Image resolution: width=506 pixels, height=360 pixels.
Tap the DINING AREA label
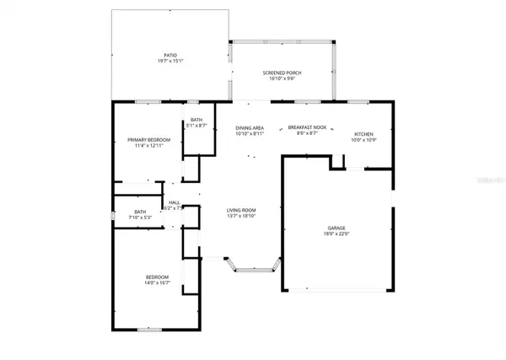250,126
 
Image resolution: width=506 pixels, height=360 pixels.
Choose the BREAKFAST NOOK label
307,126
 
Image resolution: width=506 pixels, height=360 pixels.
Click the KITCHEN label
363,134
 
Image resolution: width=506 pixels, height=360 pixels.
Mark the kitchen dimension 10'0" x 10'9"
363,141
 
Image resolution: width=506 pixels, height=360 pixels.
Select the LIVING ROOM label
240,210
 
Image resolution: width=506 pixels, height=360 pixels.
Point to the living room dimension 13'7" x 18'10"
240,217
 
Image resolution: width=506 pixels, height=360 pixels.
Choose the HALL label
175,202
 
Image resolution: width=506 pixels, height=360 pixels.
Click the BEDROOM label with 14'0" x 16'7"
157,277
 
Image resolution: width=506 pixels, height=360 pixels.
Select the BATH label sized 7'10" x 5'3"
139,212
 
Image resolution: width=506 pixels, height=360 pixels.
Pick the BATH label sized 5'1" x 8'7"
196,120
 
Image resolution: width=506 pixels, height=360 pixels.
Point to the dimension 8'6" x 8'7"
307,133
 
